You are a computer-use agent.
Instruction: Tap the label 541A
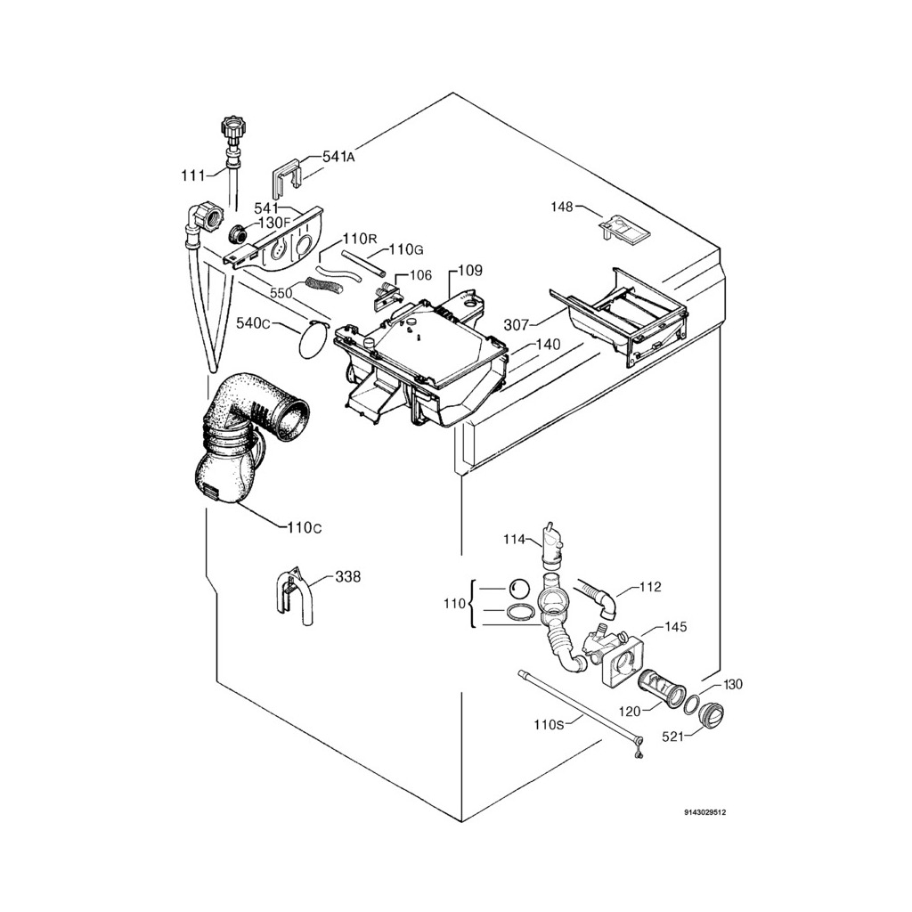click(x=338, y=157)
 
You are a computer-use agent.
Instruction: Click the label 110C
click(x=304, y=527)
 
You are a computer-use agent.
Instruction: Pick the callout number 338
click(x=348, y=577)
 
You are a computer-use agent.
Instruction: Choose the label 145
click(x=676, y=627)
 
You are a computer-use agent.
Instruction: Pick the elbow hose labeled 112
click(x=598, y=596)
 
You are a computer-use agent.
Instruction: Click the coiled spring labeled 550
click(x=323, y=285)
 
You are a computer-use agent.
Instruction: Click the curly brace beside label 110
click(x=472, y=604)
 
